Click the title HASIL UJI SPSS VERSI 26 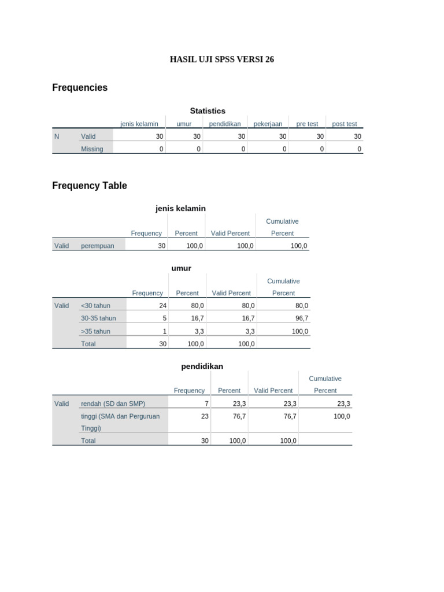[x=221, y=60]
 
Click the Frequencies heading [x=80, y=88]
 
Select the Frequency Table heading [x=90, y=186]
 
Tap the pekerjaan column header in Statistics [x=268, y=124]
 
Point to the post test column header [x=345, y=124]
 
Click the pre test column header [x=307, y=124]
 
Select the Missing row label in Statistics [x=92, y=149]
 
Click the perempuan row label [x=98, y=246]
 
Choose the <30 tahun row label [x=95, y=306]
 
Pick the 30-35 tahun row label [x=98, y=319]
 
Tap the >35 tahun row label [x=95, y=331]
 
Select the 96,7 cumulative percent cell [x=301, y=319]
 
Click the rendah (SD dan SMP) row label [x=113, y=404]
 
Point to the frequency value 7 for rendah [x=206, y=404]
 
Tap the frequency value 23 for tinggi [x=205, y=416]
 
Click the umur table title [x=181, y=268]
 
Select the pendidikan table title [x=202, y=366]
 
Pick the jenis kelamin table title [x=180, y=208]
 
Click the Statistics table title [x=208, y=110]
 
